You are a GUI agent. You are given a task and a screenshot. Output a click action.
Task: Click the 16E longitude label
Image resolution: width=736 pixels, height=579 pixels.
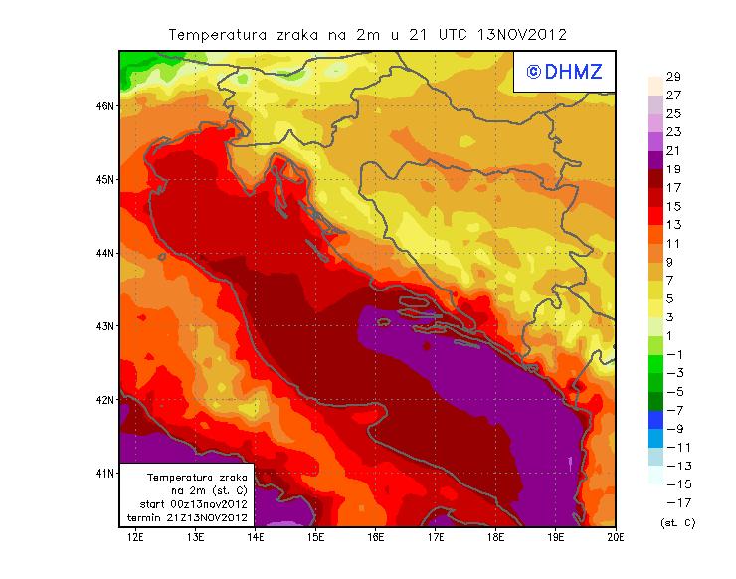pos(376,538)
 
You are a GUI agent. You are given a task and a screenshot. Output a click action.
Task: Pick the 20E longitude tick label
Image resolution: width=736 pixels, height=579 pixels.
pos(616,538)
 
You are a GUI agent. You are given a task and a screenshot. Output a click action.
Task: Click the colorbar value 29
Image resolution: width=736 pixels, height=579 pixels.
pos(672,77)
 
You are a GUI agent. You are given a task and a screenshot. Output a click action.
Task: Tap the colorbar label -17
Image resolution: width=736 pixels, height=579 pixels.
pos(673,502)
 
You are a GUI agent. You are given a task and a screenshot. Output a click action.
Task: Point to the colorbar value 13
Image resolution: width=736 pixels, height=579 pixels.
pos(672,225)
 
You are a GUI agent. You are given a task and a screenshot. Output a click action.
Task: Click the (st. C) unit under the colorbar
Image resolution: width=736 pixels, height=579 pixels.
pos(676,522)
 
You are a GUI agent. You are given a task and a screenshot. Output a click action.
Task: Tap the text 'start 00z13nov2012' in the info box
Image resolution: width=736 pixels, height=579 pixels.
pos(188,504)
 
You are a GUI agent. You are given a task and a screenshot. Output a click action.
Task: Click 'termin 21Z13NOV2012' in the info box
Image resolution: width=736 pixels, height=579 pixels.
pos(188,518)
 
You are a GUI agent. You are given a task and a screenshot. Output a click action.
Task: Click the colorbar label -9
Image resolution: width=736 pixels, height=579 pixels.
pos(673,429)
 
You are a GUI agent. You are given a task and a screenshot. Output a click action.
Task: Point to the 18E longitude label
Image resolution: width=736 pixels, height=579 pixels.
pos(496,538)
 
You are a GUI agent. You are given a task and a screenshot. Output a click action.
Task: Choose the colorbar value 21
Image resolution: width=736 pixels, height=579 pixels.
pos(672,151)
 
